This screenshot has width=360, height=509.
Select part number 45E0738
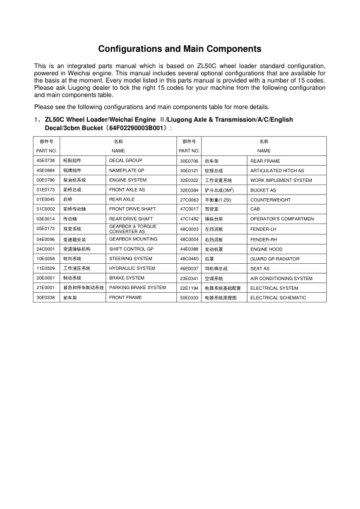point(46,161)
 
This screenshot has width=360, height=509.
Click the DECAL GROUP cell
point(125,161)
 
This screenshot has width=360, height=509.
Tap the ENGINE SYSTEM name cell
point(128,180)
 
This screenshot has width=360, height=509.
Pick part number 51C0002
point(46,209)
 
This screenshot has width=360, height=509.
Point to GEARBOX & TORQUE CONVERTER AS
point(132,229)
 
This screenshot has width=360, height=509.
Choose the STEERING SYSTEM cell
point(131,258)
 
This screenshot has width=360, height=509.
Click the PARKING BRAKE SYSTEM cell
point(137,288)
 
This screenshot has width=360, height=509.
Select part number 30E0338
point(46,298)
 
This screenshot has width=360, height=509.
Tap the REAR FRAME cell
point(265,161)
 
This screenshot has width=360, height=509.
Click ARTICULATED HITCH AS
point(277,170)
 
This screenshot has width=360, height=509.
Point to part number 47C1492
point(189,219)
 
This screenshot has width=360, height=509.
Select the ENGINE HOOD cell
point(266,249)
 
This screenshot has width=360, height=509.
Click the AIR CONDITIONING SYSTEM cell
point(281,278)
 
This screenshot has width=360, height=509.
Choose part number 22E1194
point(189,288)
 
